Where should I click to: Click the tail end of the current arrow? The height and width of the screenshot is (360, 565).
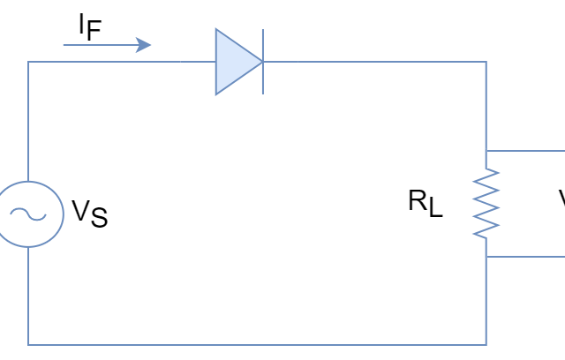64,44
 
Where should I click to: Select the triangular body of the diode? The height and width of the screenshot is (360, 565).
232,62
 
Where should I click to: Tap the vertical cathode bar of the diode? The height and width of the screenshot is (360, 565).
262,62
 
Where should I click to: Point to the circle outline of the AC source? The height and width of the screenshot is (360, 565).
63,214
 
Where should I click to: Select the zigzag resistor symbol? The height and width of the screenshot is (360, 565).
486,204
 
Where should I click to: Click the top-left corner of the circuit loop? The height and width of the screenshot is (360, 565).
27,62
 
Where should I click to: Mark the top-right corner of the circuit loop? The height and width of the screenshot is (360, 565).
486,62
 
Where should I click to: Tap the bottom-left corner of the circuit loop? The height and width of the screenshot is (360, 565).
27,344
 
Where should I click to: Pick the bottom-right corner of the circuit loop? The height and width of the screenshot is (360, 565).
486,344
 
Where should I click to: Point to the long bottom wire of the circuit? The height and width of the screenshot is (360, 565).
256,344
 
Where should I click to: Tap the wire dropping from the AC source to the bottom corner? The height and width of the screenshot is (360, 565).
27,296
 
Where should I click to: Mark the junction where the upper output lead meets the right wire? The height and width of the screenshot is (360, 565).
486,151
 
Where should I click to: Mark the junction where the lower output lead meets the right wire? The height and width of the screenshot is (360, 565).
486,257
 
